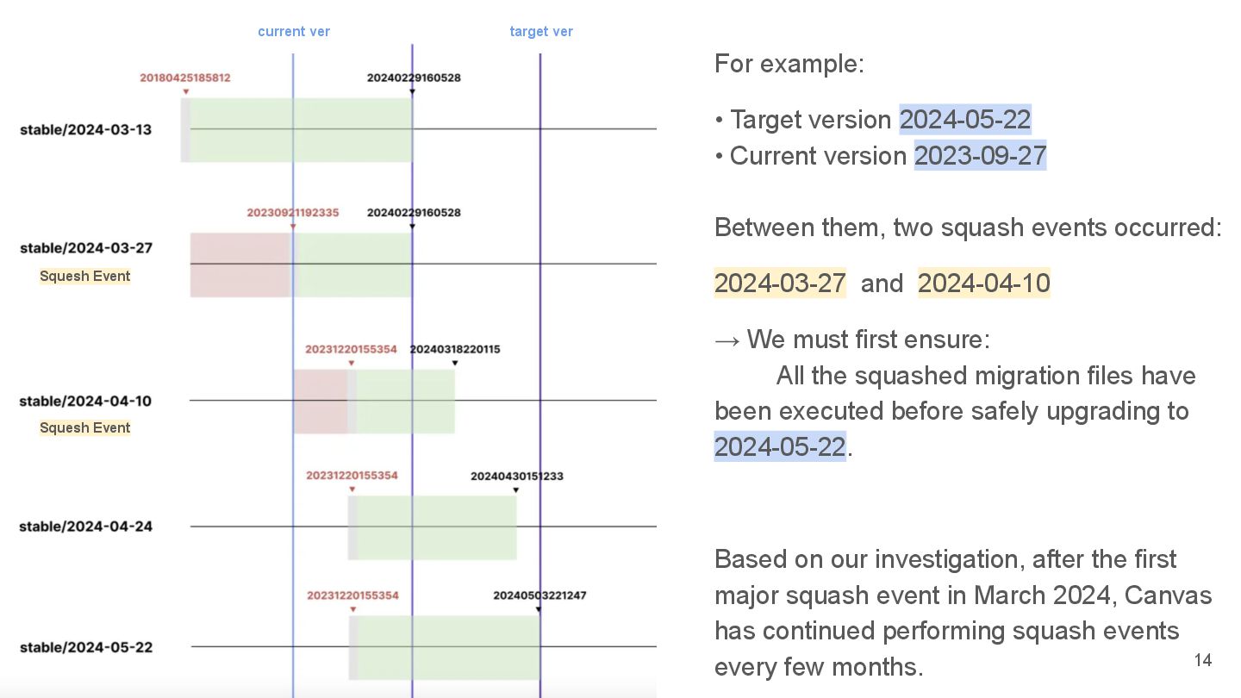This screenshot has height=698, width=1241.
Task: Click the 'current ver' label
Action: click(294, 32)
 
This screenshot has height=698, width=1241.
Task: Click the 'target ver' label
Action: click(541, 32)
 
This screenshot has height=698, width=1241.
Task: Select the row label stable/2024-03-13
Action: click(86, 129)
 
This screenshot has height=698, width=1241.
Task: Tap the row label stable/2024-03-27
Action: click(86, 248)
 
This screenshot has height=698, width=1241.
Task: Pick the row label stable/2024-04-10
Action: click(85, 401)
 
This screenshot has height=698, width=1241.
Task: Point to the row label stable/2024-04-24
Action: click(86, 527)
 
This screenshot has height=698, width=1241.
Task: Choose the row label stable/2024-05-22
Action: click(86, 647)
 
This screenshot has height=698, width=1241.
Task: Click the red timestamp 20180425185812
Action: click(185, 78)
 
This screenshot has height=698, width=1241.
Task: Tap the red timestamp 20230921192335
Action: click(293, 212)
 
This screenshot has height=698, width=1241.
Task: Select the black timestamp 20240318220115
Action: click(454, 349)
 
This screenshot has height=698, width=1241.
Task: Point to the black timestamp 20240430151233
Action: click(517, 476)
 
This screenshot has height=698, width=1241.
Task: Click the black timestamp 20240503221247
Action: click(539, 595)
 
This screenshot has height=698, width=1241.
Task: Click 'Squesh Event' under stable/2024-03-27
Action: click(85, 276)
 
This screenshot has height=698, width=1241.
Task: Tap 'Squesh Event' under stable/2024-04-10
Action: click(85, 427)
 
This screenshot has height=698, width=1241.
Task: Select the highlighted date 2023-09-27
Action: click(980, 156)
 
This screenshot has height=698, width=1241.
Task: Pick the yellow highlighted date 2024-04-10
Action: click(983, 284)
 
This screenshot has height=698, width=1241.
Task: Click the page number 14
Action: click(1202, 660)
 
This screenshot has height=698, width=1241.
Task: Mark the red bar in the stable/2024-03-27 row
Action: click(240, 265)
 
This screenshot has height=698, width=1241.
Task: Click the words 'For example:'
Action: click(789, 64)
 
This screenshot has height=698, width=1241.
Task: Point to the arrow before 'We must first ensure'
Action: click(727, 340)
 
